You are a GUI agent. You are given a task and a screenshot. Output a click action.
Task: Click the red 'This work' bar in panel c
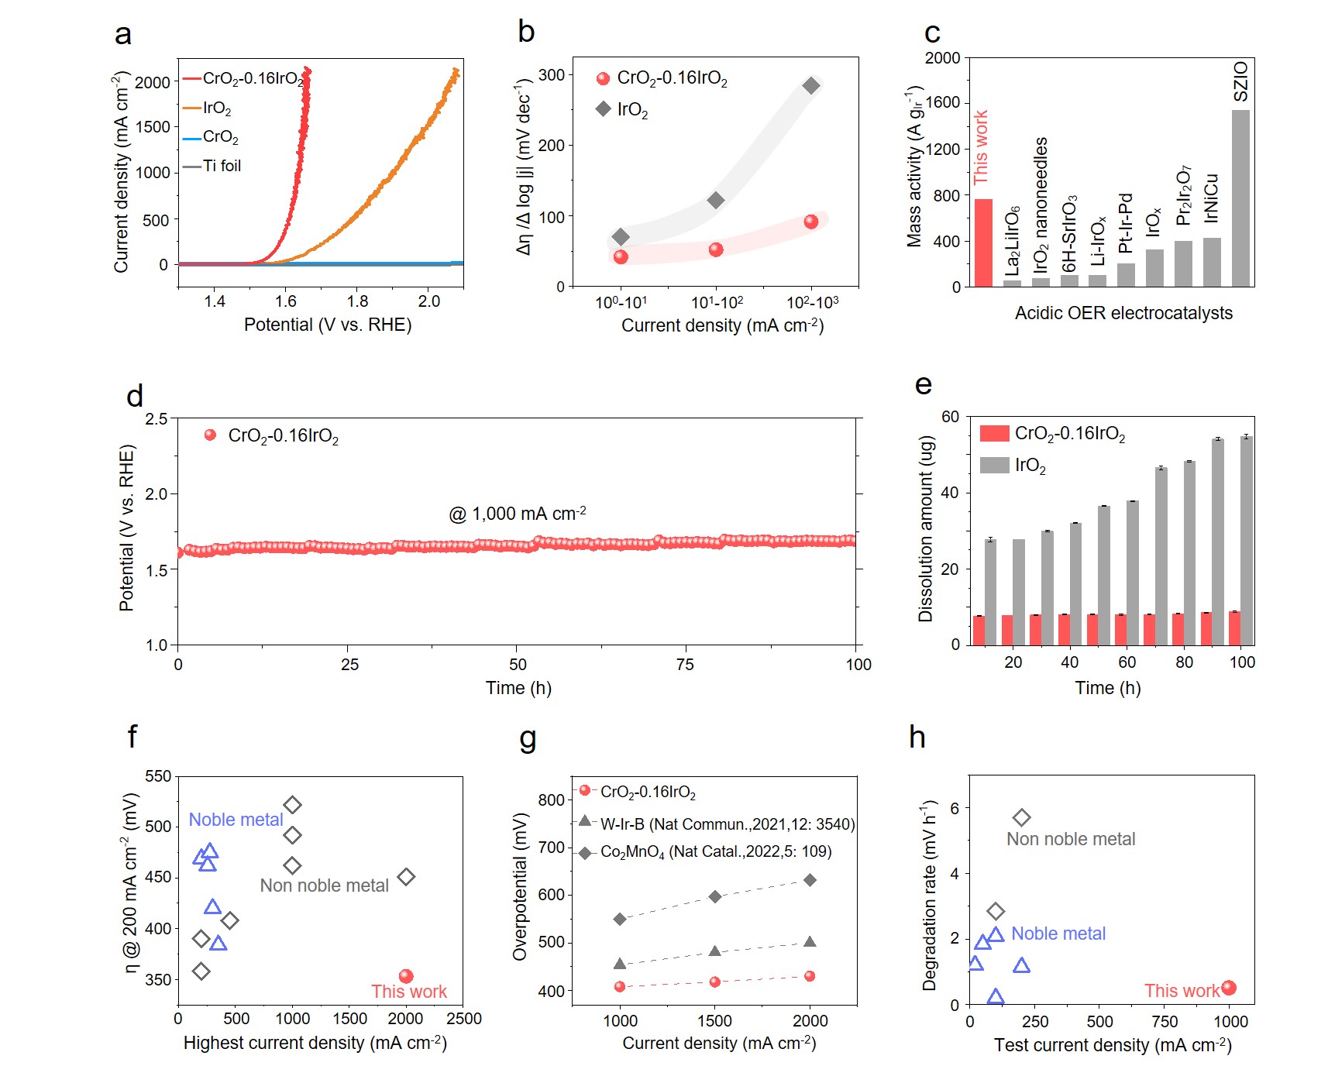coord(982,242)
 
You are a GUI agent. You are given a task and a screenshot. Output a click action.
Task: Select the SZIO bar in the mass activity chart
coord(1240,198)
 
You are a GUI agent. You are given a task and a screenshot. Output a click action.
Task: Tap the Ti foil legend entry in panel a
coord(222,166)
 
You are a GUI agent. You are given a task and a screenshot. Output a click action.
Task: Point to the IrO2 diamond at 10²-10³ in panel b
coord(810,85)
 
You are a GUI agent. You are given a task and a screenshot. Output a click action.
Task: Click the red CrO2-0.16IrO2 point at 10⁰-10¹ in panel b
coord(621,257)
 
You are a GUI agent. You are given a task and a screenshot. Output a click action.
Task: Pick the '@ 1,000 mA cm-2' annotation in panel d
coord(517,514)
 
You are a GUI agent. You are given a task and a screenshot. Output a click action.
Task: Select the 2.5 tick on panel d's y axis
coord(157,419)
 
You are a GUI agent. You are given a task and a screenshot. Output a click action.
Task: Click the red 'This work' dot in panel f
coord(406,976)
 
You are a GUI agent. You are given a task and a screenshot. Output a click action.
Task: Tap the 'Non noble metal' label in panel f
coord(324,885)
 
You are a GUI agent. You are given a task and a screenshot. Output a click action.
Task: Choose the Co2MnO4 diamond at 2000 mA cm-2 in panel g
coord(810,880)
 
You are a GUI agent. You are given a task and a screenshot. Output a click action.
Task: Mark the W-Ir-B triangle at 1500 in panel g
coord(715,951)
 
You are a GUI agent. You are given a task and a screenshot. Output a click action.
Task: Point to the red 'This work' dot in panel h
coord(1229,988)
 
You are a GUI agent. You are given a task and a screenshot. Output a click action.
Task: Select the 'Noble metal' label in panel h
coord(1058,934)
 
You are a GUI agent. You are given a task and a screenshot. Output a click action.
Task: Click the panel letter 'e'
coord(924,384)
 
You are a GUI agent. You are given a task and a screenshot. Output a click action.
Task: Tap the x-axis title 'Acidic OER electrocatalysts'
coord(1123,313)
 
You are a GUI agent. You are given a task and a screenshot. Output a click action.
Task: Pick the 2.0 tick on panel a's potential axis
coord(428,301)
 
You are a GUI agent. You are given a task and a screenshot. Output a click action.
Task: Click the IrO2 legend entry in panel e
coord(1030,466)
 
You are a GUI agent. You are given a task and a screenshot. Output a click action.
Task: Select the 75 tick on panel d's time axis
coord(685,665)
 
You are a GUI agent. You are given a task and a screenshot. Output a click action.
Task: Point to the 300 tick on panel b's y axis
coord(552,75)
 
